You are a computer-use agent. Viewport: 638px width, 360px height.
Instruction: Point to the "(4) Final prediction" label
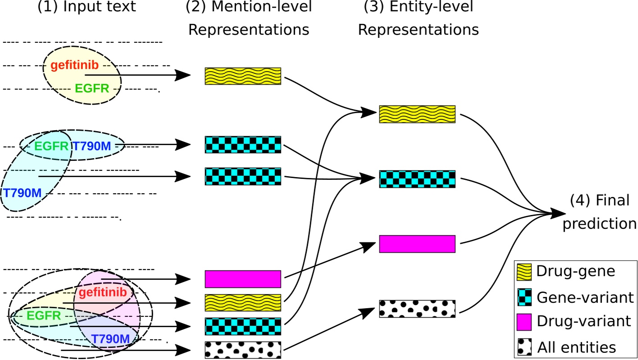(x=599, y=212)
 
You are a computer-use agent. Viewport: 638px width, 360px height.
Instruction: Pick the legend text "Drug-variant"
(x=584, y=321)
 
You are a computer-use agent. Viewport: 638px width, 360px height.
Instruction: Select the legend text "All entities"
(x=576, y=347)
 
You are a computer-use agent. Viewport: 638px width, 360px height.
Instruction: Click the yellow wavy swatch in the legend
(x=525, y=272)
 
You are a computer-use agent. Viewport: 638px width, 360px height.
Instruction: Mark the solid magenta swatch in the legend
(x=525, y=321)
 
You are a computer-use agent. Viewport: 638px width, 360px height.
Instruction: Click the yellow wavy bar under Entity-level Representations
(x=417, y=114)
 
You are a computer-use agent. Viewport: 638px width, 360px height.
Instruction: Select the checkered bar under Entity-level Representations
(x=417, y=179)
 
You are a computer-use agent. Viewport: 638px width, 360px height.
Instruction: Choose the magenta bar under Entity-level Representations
(x=417, y=244)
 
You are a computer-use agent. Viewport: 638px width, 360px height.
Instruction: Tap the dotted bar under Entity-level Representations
(x=417, y=309)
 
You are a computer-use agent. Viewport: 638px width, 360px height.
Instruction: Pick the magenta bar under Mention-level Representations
(x=243, y=279)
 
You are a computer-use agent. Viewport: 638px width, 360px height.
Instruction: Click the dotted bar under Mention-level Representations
(x=243, y=350)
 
